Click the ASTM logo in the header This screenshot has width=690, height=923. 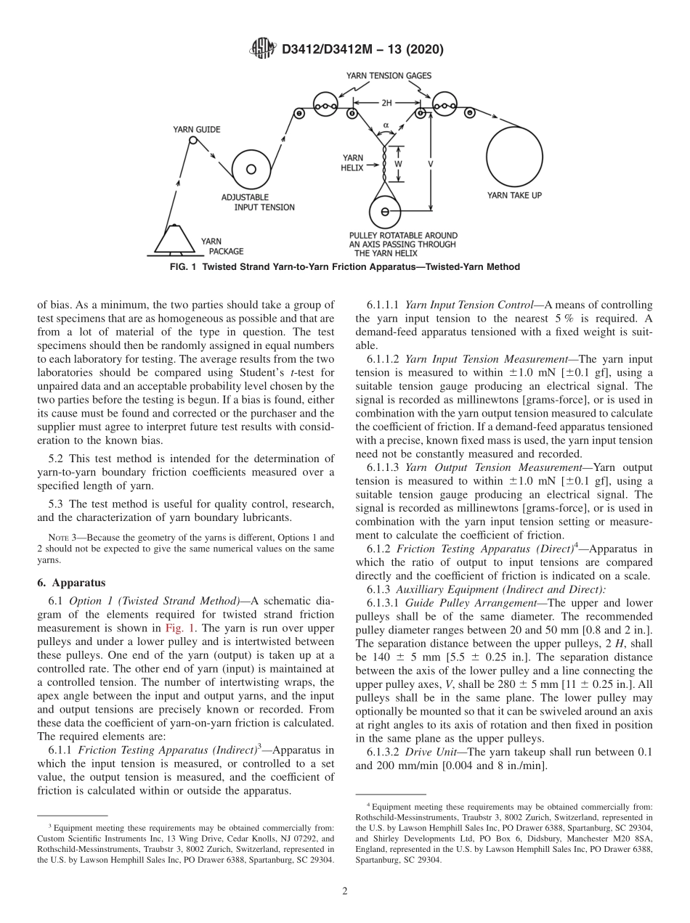pyautogui.click(x=262, y=49)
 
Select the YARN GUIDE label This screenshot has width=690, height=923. pyautogui.click(x=196, y=130)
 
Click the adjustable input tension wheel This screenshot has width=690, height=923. pyautogui.click(x=251, y=170)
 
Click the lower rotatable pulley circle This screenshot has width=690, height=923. pyautogui.click(x=385, y=212)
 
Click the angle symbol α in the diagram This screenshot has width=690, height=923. pyautogui.click(x=386, y=125)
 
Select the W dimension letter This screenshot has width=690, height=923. pyautogui.click(x=397, y=164)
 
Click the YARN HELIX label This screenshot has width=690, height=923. pyautogui.click(x=353, y=162)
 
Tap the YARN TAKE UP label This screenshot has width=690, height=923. pyautogui.click(x=514, y=194)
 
